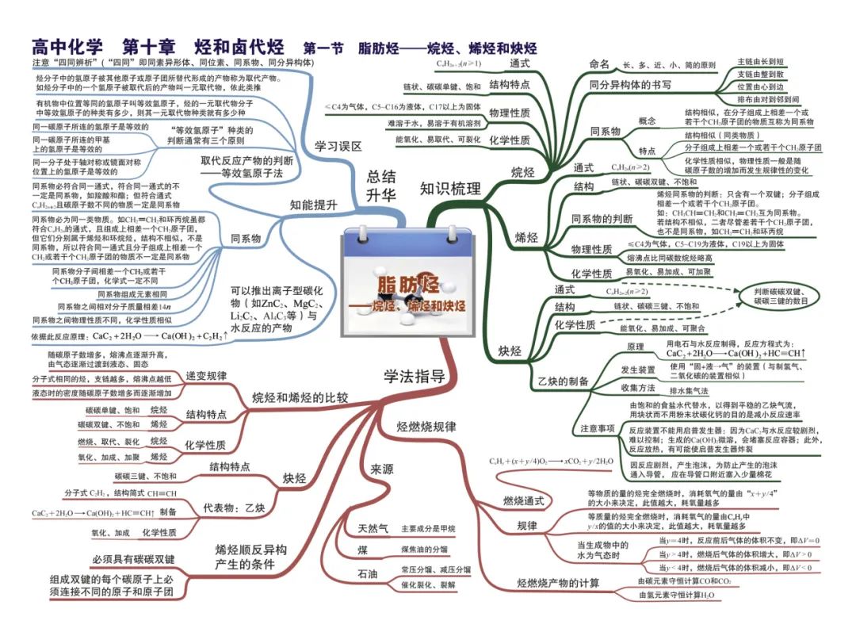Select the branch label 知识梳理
[451, 188]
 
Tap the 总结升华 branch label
[381, 186]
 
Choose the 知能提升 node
[313, 204]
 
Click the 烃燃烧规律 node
[426, 427]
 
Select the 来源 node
[381, 469]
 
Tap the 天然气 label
[373, 527]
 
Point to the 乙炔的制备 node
[564, 381]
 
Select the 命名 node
[599, 64]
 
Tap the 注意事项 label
[597, 428]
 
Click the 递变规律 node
[206, 375]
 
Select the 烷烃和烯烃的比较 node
[300, 397]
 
